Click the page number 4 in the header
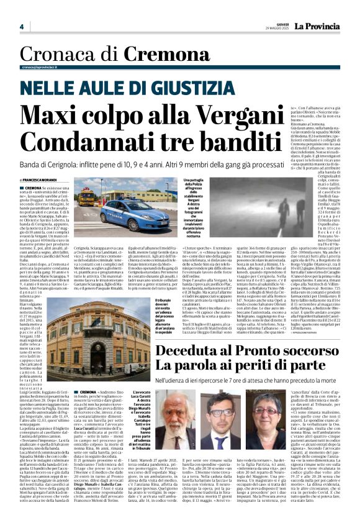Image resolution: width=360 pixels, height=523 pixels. click(21, 27)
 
